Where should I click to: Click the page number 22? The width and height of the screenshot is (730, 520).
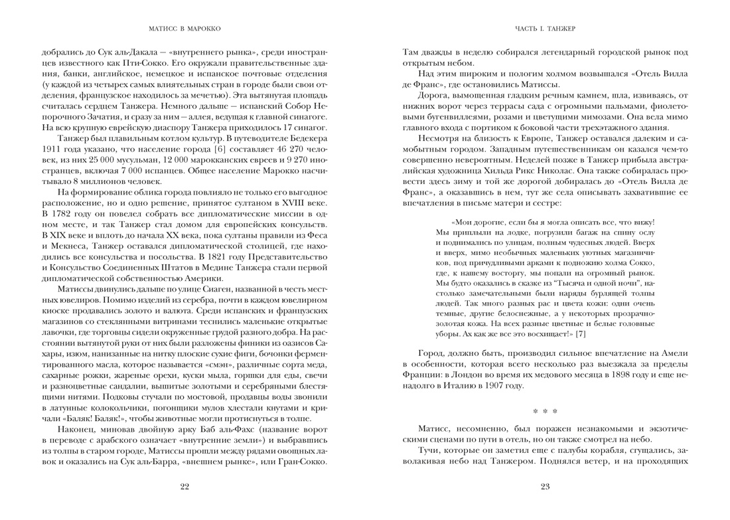pyautogui.click(x=184, y=487)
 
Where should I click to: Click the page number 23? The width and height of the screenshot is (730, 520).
pyautogui.click(x=546, y=487)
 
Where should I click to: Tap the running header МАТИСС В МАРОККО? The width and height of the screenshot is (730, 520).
pyautogui.click(x=184, y=29)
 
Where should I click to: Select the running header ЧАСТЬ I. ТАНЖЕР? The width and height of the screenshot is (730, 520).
pyautogui.click(x=545, y=29)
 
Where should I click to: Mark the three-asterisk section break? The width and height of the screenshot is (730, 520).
pyautogui.click(x=545, y=411)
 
